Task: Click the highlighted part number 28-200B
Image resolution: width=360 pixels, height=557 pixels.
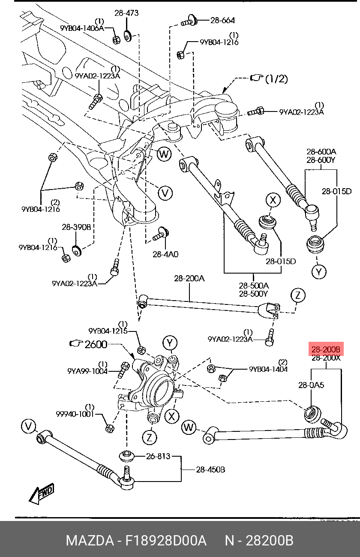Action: pos(326,349)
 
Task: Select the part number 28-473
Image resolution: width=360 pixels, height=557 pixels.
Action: pos(126,13)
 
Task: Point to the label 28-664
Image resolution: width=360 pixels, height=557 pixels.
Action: pos(222,20)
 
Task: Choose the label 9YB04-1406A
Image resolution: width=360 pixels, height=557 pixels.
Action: pos(82,28)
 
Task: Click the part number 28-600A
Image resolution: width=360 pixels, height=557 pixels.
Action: pos(321,152)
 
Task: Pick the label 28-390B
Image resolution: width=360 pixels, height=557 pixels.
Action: pos(76,227)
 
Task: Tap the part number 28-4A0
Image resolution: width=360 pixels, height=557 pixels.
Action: pos(165,254)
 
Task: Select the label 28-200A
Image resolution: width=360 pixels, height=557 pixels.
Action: pos(189,278)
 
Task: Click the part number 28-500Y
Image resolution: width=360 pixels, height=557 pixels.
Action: pos(254,294)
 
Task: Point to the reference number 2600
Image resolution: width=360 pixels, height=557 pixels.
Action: pos(96,344)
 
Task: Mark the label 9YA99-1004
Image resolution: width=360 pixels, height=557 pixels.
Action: pos(87,371)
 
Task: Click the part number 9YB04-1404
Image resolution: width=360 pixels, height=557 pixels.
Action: pos(268,369)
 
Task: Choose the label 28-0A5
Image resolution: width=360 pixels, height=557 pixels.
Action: pos(311,385)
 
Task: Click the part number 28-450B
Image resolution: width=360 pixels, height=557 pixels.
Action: pos(210,470)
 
